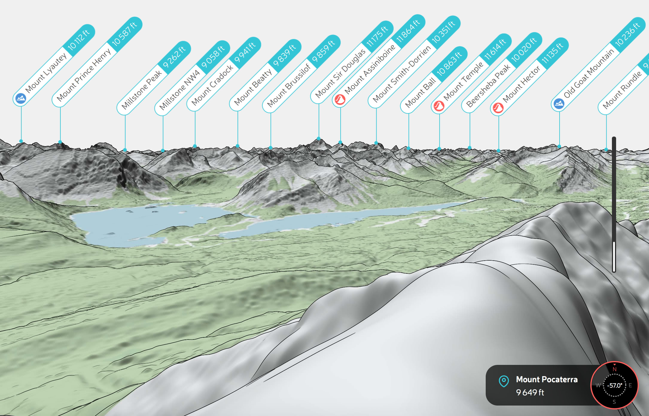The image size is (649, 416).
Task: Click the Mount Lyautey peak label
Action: (x=46, y=73)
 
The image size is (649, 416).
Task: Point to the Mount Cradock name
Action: (x=212, y=85)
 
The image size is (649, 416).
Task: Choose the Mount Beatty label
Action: (x=253, y=87)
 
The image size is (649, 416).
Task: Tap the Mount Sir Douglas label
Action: (x=340, y=73)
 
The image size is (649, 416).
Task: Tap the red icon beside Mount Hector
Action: (x=498, y=108)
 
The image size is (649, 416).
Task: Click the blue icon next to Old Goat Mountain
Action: (x=559, y=104)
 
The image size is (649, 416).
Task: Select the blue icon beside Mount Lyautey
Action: (x=21, y=98)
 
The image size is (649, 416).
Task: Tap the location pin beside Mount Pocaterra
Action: (x=504, y=381)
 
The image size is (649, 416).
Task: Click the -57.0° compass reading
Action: (x=614, y=386)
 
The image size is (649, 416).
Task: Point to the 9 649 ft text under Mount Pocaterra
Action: (x=530, y=392)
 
